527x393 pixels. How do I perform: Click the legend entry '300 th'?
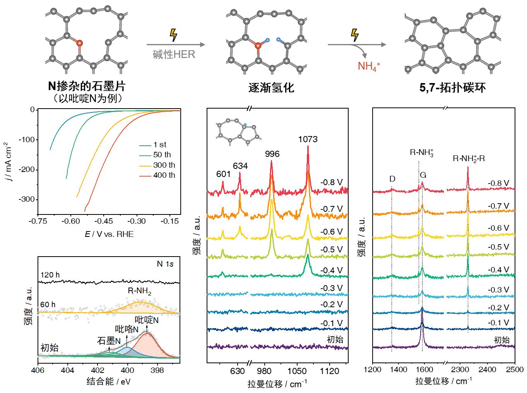pyautogui.click(x=164, y=165)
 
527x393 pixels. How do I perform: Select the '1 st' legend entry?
pyautogui.click(x=159, y=145)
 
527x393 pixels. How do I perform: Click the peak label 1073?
pyautogui.click(x=308, y=139)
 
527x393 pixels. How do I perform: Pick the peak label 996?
pyautogui.click(x=272, y=154)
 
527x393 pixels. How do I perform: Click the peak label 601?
pyautogui.click(x=224, y=174)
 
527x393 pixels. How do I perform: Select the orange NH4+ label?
pyautogui.click(x=369, y=66)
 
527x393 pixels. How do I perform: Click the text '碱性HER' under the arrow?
pyautogui.click(x=174, y=54)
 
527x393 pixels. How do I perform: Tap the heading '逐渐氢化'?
pyautogui.click(x=271, y=88)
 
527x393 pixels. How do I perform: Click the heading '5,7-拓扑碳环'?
pyautogui.click(x=452, y=88)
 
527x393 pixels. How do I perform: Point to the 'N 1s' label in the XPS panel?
pyautogui.click(x=165, y=264)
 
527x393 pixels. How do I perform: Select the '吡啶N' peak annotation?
pyautogui.click(x=146, y=320)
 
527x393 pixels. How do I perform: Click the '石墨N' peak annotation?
pyautogui.click(x=109, y=341)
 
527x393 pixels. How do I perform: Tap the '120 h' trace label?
pyautogui.click(x=50, y=275)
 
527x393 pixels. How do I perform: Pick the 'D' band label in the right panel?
pyautogui.click(x=392, y=179)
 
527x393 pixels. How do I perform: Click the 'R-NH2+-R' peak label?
pyautogui.click(x=469, y=158)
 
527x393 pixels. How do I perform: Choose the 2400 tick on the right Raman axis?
pyautogui.click(x=487, y=369)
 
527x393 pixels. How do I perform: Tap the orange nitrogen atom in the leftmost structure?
pyautogui.click(x=79, y=43)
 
